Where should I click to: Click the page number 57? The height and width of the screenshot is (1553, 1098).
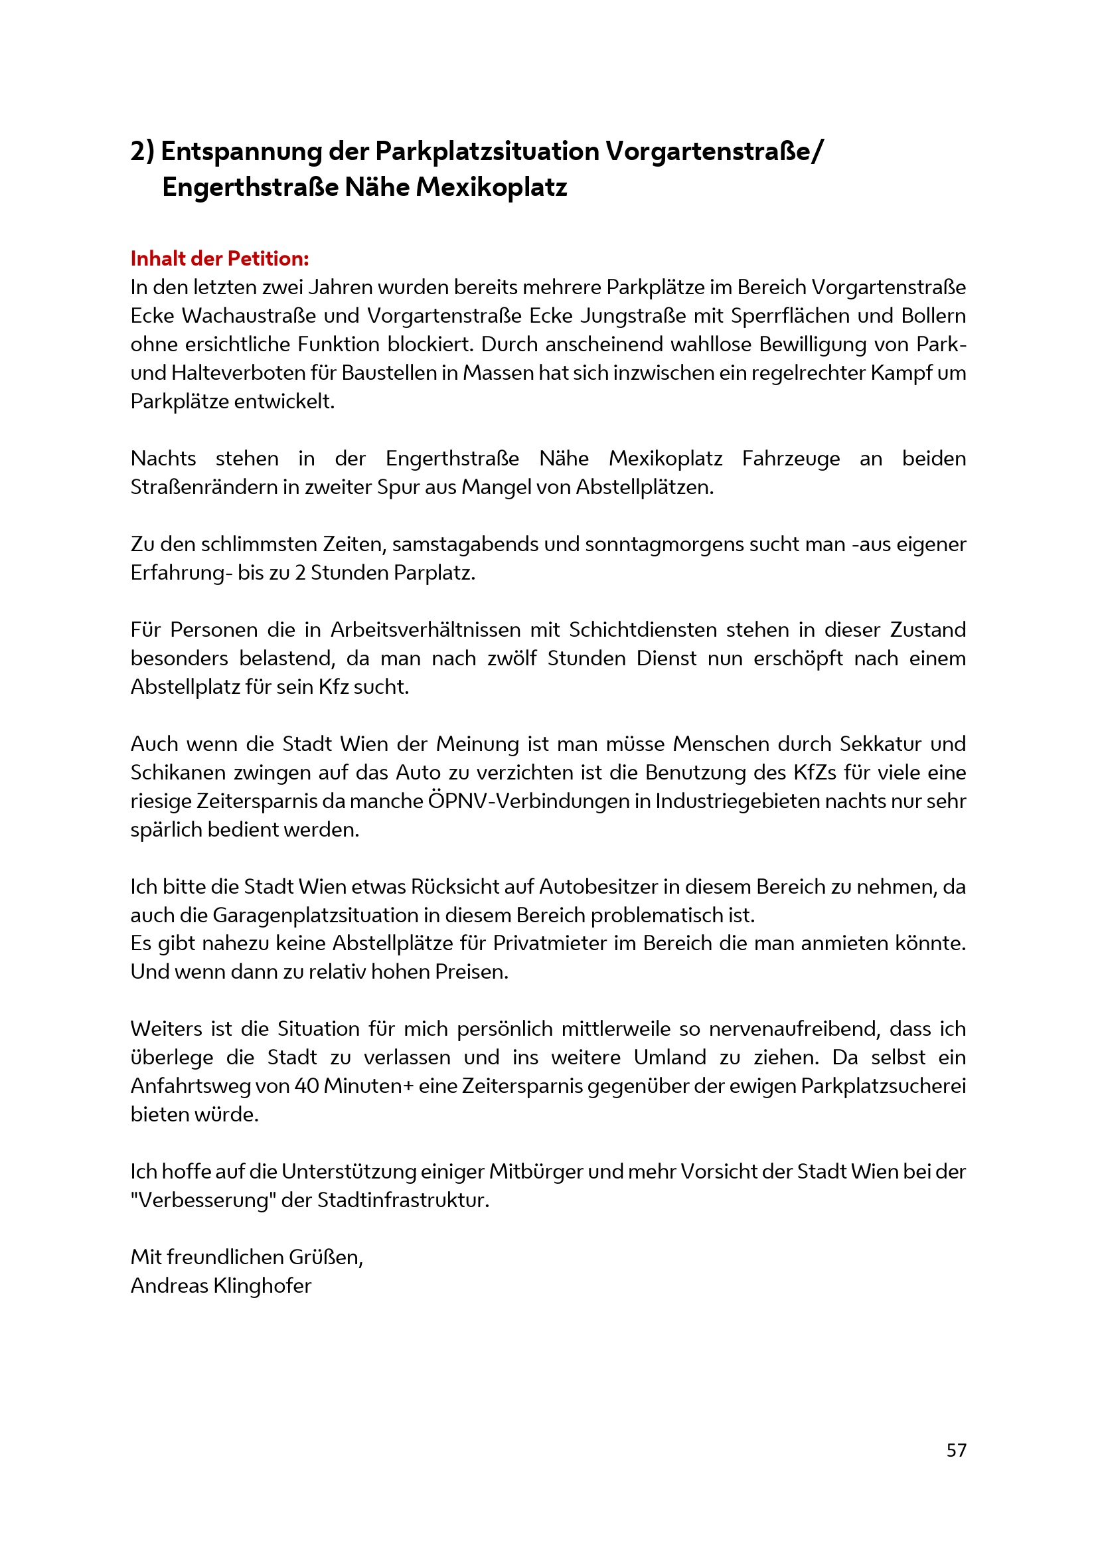click(x=956, y=1450)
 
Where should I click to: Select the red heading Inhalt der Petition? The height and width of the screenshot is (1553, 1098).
click(x=220, y=258)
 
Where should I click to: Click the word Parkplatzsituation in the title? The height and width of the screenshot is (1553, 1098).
click(x=487, y=151)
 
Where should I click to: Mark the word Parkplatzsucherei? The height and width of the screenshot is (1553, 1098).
click(x=883, y=1086)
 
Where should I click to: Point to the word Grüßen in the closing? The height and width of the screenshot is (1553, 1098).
click(x=326, y=1257)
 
